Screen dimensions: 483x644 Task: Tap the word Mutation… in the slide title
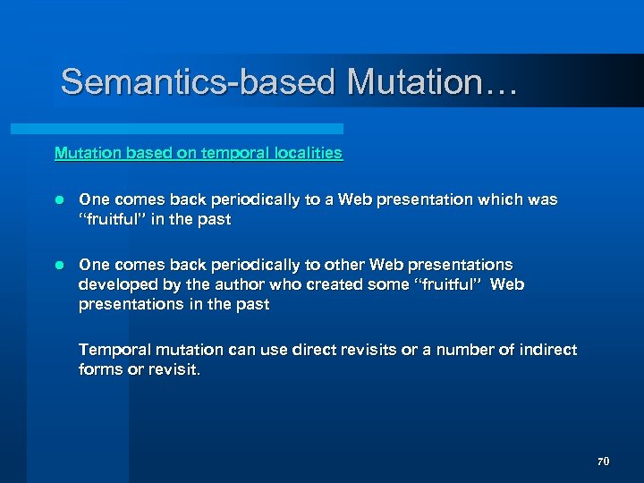(432, 82)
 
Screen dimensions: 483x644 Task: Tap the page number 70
(603, 462)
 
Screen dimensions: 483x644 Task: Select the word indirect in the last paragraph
(546, 350)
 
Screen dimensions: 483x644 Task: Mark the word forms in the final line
(100, 369)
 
